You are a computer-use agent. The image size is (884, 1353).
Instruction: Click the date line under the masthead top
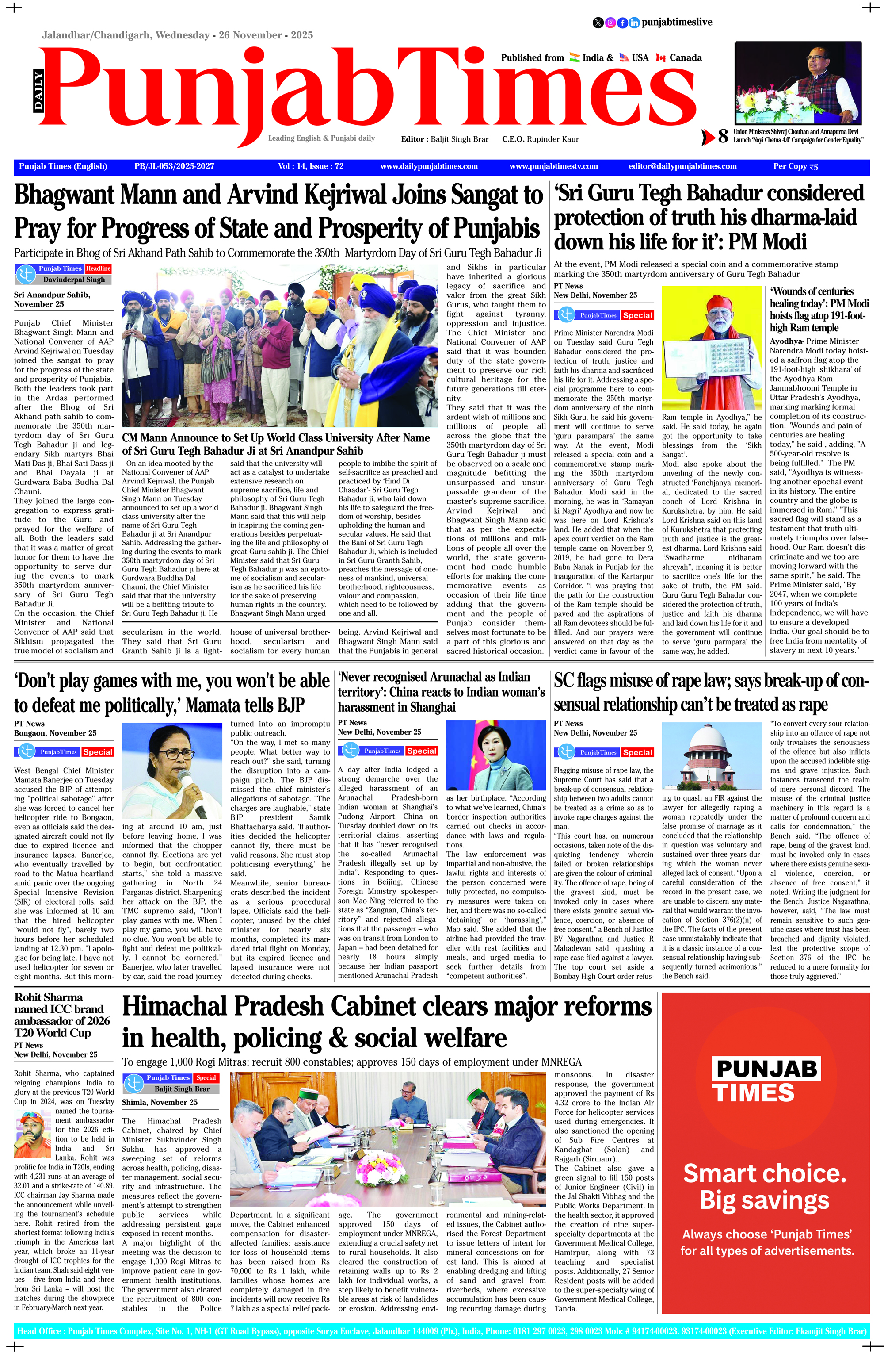177,35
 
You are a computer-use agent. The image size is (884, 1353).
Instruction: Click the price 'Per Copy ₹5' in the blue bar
795,167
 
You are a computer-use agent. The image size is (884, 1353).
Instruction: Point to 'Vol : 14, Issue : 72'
311,167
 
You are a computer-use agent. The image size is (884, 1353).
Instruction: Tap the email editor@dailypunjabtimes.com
682,167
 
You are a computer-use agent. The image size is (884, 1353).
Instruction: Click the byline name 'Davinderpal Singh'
74,280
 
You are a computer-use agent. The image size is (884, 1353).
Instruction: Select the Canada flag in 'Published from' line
660,57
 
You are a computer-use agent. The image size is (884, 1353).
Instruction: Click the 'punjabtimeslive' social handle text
677,22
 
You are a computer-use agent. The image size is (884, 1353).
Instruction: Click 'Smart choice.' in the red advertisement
765,1173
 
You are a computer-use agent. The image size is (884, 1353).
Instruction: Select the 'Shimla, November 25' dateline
160,1102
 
